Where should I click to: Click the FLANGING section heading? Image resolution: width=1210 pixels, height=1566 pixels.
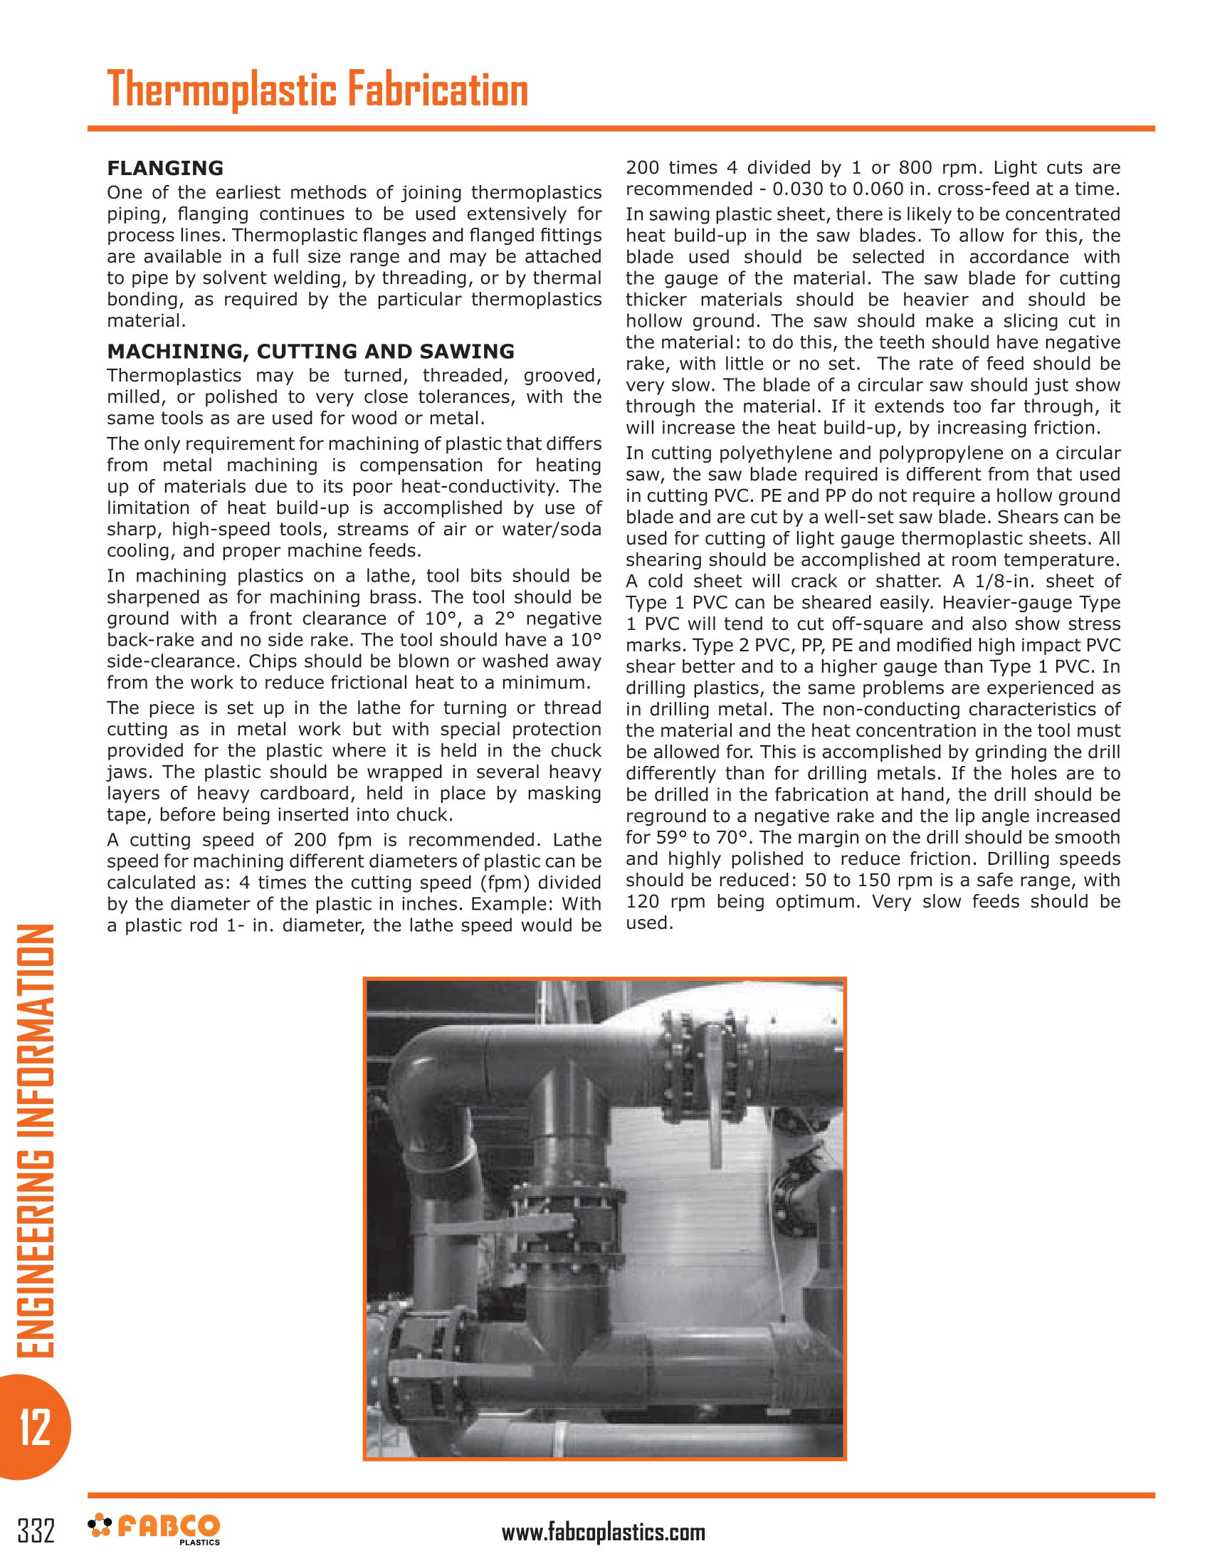tap(165, 168)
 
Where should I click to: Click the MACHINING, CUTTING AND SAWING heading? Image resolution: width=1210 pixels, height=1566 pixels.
tap(310, 351)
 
